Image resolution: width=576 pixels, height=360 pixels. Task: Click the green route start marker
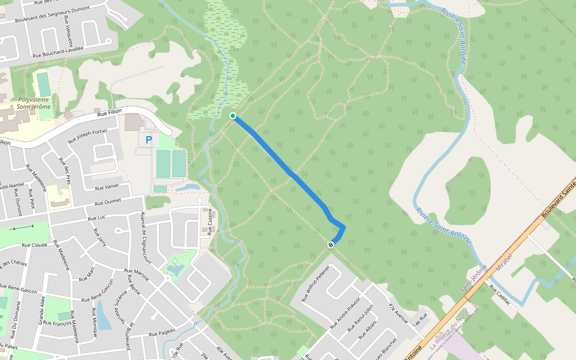pos(233,116)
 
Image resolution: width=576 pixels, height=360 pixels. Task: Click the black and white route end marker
pos(331,245)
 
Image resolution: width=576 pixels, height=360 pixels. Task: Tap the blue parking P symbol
pos(149,140)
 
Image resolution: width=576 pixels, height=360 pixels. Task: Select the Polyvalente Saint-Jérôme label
pos(34,103)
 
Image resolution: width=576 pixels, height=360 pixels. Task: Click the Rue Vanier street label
pos(107,187)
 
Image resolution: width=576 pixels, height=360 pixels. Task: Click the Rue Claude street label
pos(34,245)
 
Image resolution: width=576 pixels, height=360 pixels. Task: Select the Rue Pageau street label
pos(161,332)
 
